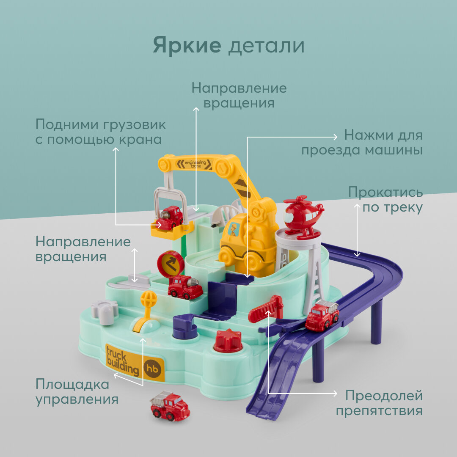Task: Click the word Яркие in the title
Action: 187,46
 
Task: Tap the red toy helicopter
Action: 303,213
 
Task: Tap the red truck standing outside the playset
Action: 170,405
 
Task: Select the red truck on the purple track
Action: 322,315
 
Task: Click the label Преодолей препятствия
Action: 380,403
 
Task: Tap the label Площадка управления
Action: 77,392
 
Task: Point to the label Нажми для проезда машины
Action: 362,143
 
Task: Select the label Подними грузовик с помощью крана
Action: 101,132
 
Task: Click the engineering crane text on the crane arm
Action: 195,164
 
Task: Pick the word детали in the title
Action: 266,46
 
